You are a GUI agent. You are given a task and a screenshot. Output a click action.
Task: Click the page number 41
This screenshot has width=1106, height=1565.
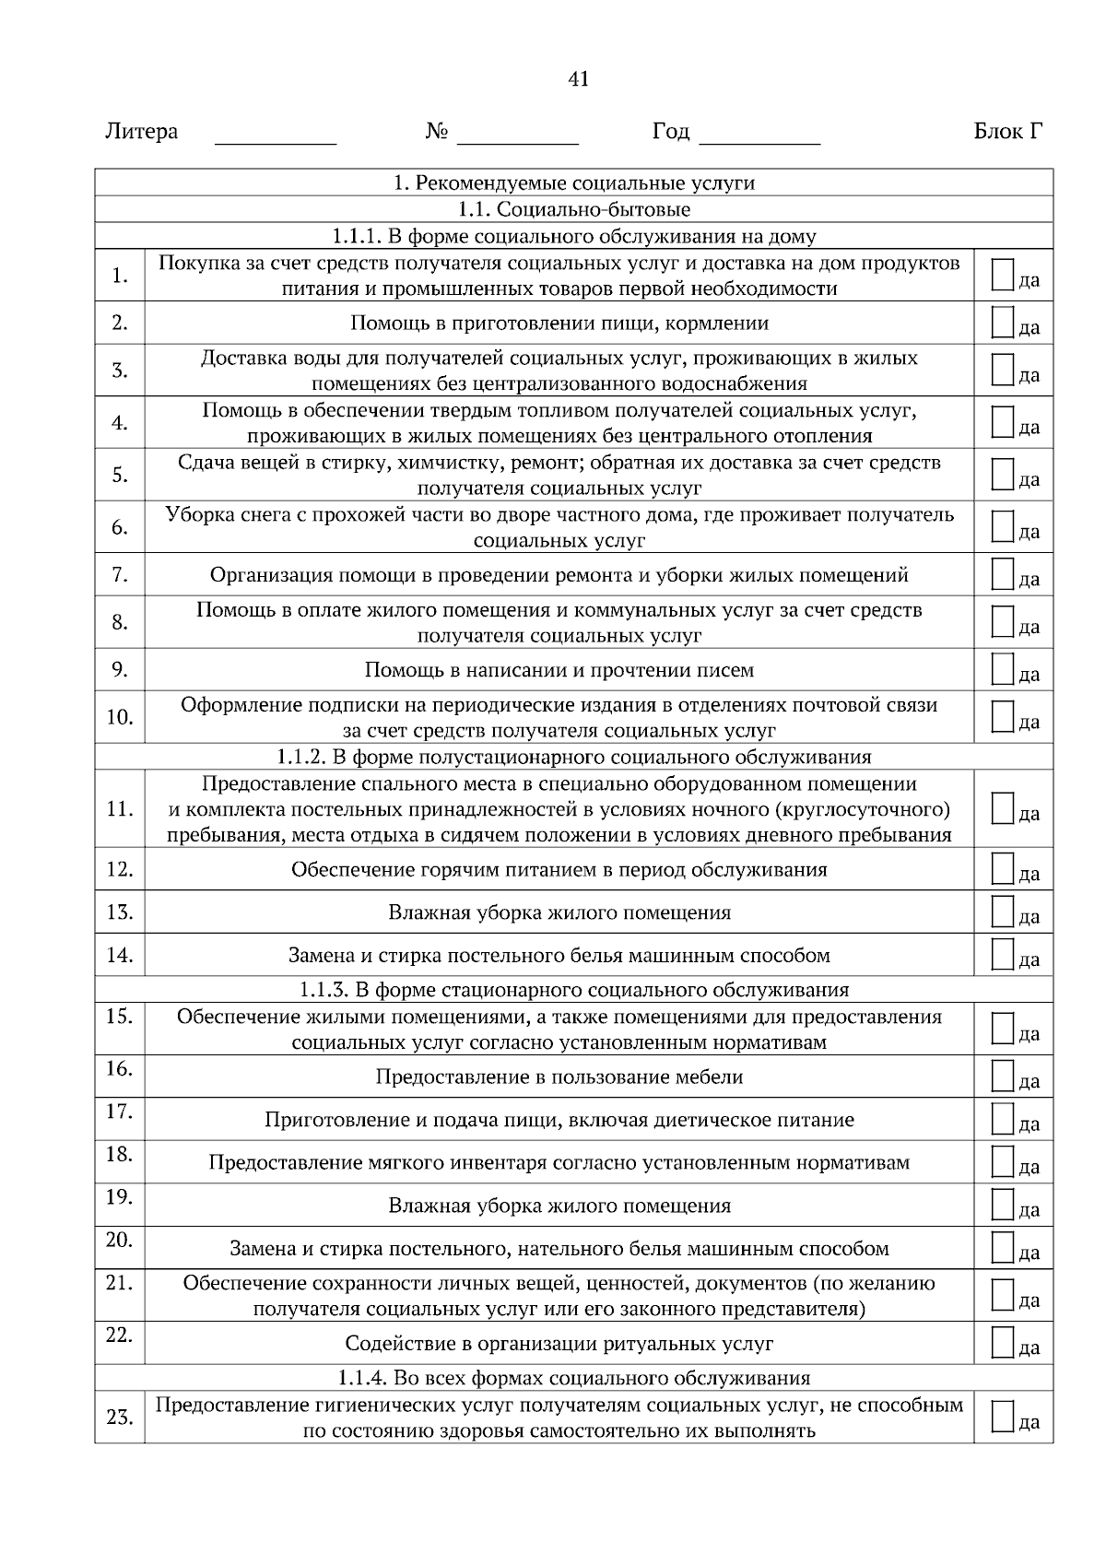578,79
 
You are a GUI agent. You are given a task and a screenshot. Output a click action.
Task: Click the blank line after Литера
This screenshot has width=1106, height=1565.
276,143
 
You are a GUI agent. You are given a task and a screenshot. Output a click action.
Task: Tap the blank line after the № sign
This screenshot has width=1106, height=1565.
517,143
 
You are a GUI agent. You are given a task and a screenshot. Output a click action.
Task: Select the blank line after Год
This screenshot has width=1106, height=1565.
759,143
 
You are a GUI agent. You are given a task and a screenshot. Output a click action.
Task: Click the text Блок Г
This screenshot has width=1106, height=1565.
1008,132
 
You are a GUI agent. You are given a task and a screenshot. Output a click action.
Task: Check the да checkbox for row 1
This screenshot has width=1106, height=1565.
1003,274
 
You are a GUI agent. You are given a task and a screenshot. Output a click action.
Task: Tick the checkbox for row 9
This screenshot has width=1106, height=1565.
1003,668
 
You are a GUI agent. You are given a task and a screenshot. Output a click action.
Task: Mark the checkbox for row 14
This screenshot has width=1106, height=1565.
1003,954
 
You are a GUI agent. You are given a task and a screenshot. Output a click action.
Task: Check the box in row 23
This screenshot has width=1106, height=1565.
1003,1416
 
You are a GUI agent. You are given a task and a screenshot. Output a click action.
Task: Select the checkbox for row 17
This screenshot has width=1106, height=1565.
1003,1118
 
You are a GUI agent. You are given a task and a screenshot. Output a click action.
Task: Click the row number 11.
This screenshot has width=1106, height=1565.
120,809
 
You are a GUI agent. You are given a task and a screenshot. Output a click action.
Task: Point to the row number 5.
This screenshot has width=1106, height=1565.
120,475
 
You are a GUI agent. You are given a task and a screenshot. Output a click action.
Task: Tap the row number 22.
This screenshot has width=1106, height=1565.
120,1334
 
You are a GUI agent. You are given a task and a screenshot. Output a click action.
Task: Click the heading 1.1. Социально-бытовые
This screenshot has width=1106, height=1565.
573,209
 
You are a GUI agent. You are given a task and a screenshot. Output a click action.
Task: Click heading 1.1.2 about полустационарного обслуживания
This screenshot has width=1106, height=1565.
573,757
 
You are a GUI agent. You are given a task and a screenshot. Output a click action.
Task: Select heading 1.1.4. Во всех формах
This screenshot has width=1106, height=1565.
573,1378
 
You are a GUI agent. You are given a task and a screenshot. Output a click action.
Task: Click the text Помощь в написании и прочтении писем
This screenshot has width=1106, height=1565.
559,670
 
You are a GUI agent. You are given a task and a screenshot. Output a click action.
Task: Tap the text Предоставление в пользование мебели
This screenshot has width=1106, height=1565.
559,1077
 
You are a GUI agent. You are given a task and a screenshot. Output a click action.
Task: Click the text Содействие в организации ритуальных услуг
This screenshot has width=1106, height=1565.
559,1344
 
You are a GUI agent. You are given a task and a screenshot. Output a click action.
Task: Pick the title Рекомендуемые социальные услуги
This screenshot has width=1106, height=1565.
573,182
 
